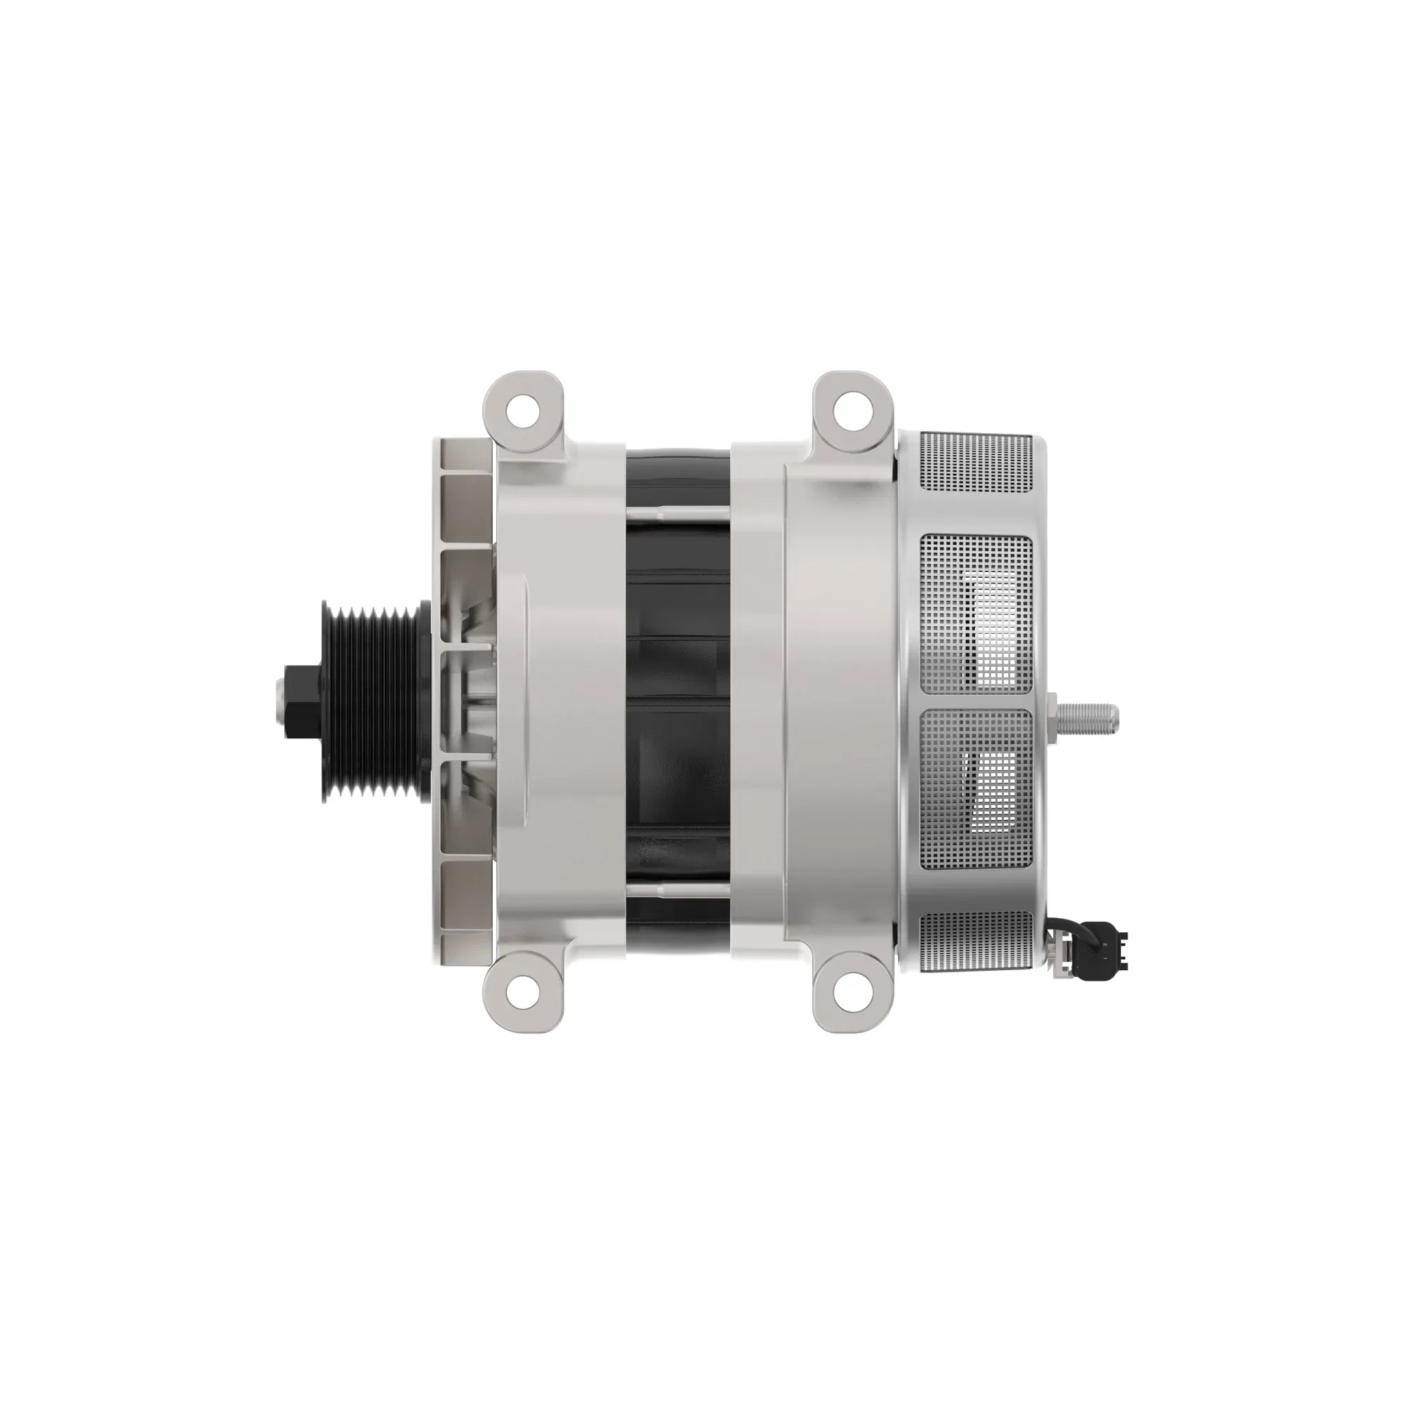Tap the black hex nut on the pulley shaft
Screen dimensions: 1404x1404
pos(303,701)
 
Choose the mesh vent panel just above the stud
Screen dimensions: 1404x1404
pos(976,614)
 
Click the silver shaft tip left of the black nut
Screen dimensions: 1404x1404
pos(280,701)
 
